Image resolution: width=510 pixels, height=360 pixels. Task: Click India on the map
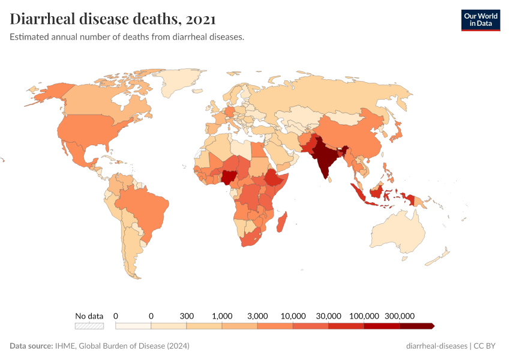point(324,159)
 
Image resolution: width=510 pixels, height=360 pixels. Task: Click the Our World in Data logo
point(481,19)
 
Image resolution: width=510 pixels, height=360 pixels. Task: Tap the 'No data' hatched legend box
point(89,326)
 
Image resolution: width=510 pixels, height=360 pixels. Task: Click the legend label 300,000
point(400,316)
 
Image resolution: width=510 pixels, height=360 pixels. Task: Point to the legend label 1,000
point(222,316)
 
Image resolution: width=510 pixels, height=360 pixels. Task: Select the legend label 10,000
point(293,316)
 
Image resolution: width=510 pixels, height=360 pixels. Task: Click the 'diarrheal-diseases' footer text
point(437,346)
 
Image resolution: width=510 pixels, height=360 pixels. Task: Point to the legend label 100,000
point(364,316)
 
